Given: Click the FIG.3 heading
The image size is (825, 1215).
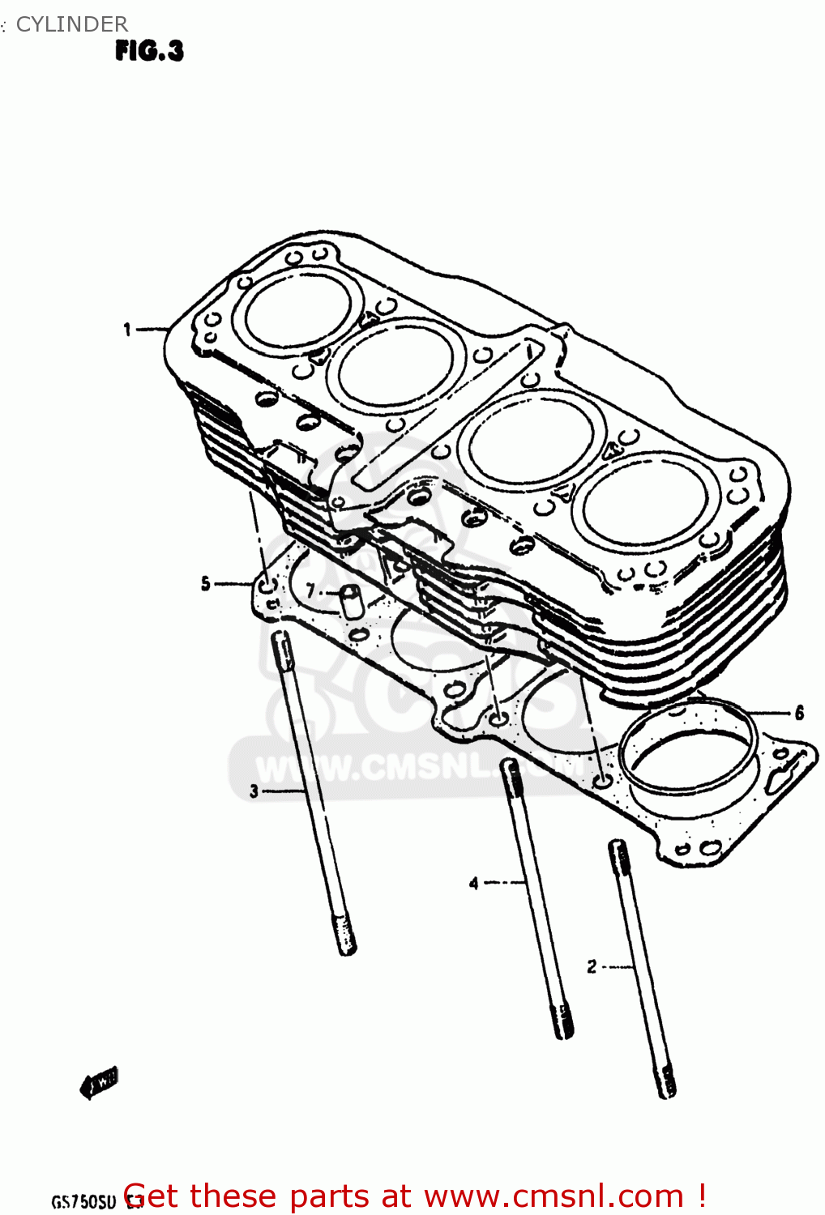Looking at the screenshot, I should pyautogui.click(x=149, y=51).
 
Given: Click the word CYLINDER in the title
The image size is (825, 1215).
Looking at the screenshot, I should pyautogui.click(x=71, y=24).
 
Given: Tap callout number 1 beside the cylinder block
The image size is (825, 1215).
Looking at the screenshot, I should pyautogui.click(x=127, y=329).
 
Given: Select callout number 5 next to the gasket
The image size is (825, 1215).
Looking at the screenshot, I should pyautogui.click(x=206, y=583).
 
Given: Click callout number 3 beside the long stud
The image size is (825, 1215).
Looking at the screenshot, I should pyautogui.click(x=254, y=791).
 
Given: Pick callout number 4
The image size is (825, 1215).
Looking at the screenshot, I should pyautogui.click(x=474, y=883).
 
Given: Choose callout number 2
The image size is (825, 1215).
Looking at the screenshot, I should pyautogui.click(x=592, y=966).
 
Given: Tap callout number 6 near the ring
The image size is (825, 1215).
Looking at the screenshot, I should pyautogui.click(x=799, y=713).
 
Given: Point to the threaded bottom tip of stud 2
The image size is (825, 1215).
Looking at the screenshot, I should pyautogui.click(x=666, y=1084).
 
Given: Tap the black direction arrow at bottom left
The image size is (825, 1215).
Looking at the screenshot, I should pyautogui.click(x=99, y=1082).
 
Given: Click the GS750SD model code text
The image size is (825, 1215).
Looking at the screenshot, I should pyautogui.click(x=84, y=1201).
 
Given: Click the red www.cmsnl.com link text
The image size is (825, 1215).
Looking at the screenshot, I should pyautogui.click(x=554, y=1196).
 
